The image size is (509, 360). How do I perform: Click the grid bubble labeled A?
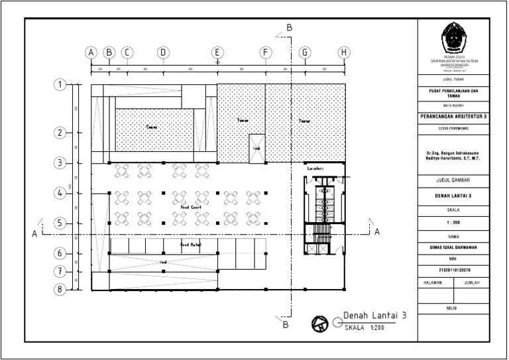[x=91, y=52]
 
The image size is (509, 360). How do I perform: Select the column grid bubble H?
[x=343, y=52]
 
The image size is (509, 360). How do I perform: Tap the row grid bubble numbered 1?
[x=60, y=85]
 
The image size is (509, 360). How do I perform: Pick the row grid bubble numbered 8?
[x=60, y=289]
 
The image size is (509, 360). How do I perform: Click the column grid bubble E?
[x=217, y=52]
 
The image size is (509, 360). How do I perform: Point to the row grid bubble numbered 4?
[x=60, y=193]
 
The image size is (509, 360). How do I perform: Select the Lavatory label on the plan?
[x=315, y=169]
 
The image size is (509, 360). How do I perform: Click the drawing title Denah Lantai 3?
[x=374, y=316]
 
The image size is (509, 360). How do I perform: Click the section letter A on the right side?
[x=376, y=232]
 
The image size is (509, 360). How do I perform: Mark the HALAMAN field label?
[x=432, y=282]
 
